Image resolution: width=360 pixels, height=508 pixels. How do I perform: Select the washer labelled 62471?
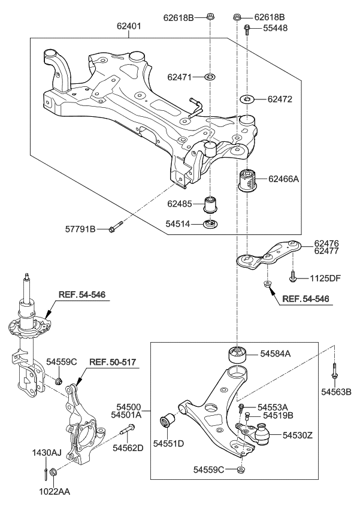(x=210, y=77)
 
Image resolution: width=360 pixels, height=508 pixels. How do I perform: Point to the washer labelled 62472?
(x=247, y=98)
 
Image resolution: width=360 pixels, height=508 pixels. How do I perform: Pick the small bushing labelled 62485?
(x=210, y=204)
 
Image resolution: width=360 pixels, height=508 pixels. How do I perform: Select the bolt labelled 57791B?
(x=117, y=228)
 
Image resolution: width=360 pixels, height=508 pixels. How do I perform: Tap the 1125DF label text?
(x=325, y=278)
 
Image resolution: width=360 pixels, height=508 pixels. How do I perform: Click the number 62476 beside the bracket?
(x=327, y=243)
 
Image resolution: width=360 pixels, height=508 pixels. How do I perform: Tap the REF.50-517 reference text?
(x=114, y=361)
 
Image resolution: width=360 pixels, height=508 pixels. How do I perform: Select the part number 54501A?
(x=126, y=414)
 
